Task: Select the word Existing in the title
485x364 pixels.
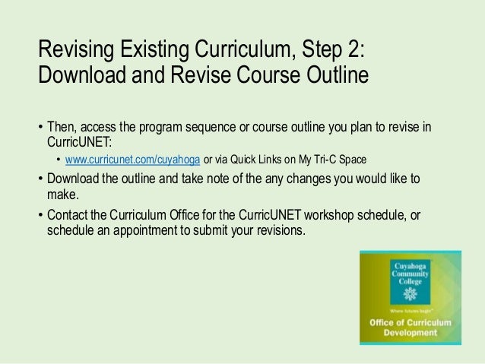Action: click(155, 51)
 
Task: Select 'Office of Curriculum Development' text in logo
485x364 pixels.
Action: click(411, 328)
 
